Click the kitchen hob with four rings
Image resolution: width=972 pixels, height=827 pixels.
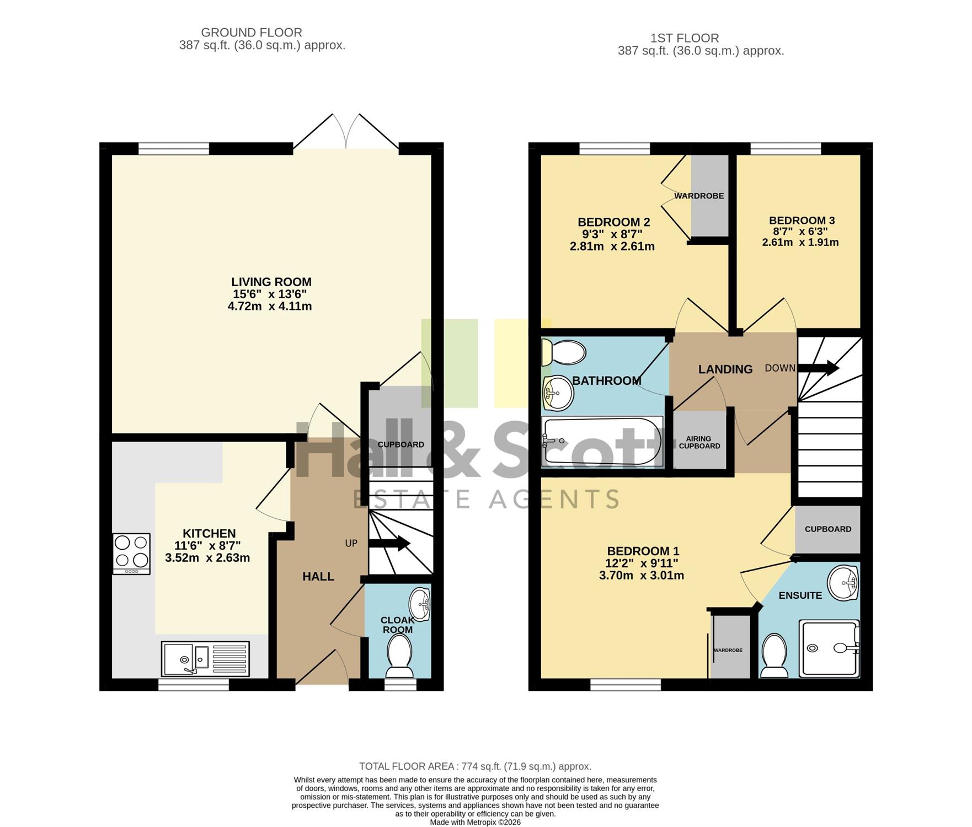(131, 554)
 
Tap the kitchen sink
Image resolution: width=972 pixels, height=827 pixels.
(205, 658)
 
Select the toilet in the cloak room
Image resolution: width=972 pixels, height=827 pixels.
(399, 656)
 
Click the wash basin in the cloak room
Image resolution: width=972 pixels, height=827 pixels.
(421, 604)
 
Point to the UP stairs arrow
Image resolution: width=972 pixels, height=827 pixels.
(389, 544)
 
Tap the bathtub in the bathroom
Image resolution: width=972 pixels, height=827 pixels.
(602, 441)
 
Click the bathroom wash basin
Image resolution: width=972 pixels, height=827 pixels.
(558, 394)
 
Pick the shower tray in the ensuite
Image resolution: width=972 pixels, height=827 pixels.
(830, 648)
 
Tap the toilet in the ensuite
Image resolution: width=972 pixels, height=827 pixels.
(774, 656)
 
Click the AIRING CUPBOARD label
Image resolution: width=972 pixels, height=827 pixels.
(699, 442)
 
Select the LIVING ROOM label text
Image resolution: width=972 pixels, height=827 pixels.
(271, 282)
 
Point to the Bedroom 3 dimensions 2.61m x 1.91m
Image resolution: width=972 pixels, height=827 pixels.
(800, 242)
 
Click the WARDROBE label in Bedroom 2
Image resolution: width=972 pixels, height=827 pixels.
(699, 196)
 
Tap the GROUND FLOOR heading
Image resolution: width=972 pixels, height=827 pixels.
(252, 33)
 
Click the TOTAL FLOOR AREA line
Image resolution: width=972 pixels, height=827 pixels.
(475, 766)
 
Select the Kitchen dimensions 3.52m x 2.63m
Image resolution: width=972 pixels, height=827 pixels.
(207, 558)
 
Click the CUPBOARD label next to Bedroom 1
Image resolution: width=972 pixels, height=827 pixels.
(828, 529)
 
